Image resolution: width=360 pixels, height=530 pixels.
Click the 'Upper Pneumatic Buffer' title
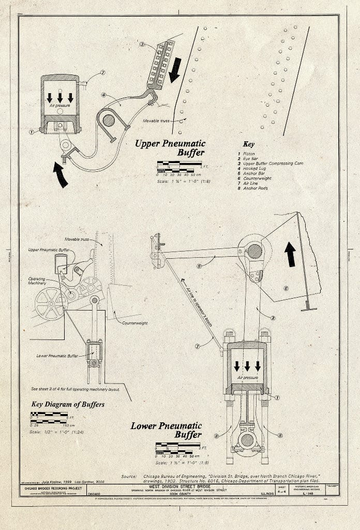170,148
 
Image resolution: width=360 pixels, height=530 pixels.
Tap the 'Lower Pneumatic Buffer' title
166,430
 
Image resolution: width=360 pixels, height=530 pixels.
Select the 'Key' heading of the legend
248,144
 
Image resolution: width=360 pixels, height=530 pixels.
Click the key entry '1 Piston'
247,154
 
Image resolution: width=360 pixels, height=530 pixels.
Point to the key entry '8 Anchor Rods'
255,188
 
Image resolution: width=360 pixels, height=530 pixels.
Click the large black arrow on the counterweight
290,254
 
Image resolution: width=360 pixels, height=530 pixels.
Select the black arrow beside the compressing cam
175,70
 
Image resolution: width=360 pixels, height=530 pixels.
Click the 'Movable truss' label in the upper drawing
157,121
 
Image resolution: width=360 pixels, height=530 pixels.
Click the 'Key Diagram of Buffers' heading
67,404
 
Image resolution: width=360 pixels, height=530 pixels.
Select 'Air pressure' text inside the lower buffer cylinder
247,378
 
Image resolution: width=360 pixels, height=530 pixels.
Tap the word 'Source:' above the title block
129,476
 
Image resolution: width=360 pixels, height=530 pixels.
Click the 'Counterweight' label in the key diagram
134,323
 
